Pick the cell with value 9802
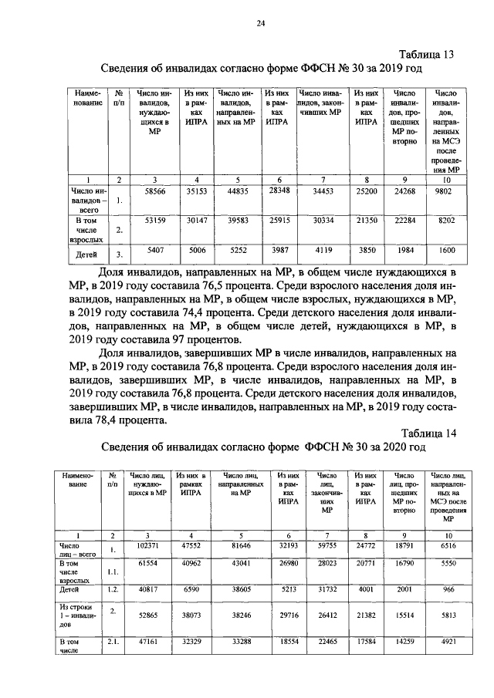[x=447, y=194]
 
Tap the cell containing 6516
[x=448, y=545]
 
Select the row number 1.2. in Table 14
[x=113, y=589]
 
